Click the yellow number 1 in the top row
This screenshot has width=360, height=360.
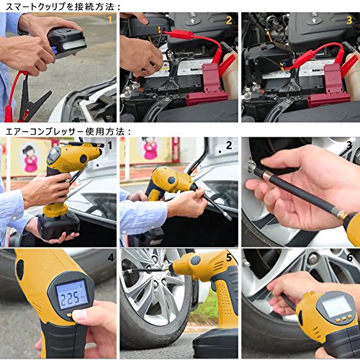[x=110, y=19]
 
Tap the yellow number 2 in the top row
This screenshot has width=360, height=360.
[x=229, y=20]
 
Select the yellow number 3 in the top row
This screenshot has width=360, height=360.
[x=349, y=20]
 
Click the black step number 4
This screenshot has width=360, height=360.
[x=111, y=258]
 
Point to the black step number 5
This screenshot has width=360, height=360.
[x=229, y=258]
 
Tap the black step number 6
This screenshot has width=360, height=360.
[x=350, y=258]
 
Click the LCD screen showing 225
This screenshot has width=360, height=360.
[x=72, y=294]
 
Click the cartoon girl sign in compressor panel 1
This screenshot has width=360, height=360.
[x=31, y=158]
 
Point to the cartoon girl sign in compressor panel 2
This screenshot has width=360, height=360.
[x=150, y=148]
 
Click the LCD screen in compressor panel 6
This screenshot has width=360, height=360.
[x=334, y=306]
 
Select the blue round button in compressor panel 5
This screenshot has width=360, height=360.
[x=196, y=260]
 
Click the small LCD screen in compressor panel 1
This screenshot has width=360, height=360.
[x=53, y=155]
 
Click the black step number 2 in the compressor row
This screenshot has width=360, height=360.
[x=229, y=145]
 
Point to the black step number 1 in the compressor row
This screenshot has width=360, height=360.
[x=110, y=145]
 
